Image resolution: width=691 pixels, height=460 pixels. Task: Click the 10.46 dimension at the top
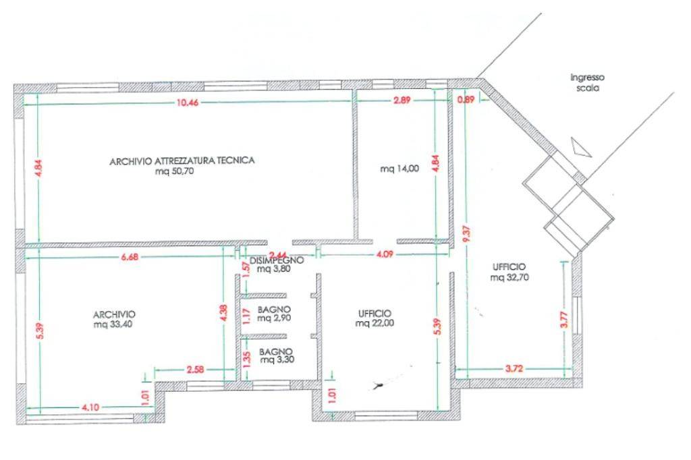[188, 103]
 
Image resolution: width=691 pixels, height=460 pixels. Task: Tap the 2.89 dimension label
[402, 100]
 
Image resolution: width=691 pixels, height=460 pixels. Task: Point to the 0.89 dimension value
[466, 100]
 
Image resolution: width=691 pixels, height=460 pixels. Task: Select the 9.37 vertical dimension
[468, 233]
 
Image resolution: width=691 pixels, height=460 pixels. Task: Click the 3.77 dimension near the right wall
[564, 320]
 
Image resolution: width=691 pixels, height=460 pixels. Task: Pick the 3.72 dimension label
[514, 368]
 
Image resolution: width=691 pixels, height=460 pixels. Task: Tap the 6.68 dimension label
[130, 257]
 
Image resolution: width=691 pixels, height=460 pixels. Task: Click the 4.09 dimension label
[385, 255]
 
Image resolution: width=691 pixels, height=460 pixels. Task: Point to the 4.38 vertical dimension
[224, 313]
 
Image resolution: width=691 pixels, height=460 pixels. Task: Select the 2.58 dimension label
[195, 369]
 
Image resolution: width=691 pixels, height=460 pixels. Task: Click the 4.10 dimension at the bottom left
[90, 407]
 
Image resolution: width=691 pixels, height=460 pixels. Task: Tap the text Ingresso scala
[588, 82]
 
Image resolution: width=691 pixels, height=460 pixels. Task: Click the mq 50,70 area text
[175, 171]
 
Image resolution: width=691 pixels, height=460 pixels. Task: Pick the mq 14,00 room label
[399, 169]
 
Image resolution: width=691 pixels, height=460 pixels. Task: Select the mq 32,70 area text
[509, 278]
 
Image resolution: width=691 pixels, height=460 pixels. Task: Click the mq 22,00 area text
[375, 323]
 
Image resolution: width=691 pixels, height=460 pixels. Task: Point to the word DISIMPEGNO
[277, 260]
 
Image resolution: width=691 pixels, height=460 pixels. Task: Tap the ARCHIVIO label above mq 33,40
[114, 314]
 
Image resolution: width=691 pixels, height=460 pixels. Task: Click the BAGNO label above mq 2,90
[274, 310]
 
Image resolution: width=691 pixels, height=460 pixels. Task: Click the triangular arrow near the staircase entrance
[579, 148]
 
